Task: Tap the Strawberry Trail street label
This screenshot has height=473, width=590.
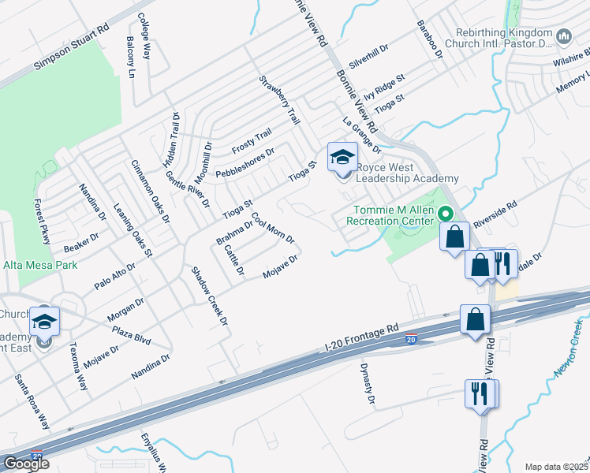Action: click(280, 101)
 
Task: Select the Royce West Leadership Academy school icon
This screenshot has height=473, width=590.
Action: click(343, 158)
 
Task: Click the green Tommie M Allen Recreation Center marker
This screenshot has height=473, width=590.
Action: click(445, 214)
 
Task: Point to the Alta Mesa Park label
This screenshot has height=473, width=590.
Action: click(40, 266)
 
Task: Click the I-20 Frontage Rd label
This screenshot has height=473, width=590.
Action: click(362, 337)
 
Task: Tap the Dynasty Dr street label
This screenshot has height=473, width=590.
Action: click(366, 383)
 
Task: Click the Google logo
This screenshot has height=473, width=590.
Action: click(26, 464)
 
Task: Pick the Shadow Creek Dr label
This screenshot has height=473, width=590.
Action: click(209, 296)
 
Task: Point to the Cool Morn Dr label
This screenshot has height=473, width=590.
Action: click(273, 228)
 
